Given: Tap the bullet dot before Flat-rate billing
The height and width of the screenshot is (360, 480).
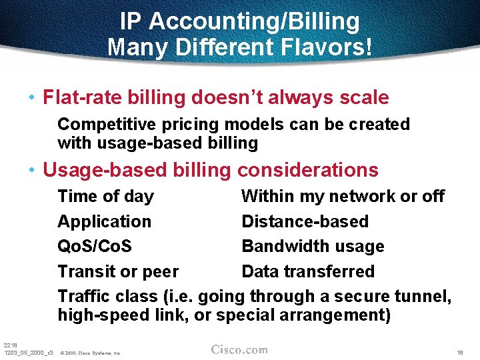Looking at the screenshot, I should [31, 98].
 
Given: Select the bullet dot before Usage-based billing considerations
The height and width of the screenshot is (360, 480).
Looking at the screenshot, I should [31, 171].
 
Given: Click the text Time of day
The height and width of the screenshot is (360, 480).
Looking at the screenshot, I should [105, 197].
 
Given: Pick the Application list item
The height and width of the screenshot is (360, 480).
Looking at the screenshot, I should [104, 221].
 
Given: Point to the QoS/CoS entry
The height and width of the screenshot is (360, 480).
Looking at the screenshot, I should [95, 246].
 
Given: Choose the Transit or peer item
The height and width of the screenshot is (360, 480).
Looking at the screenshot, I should [118, 271].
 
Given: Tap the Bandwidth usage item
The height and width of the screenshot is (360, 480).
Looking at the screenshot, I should [313, 246].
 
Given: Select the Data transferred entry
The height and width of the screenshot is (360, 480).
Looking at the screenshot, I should [308, 271].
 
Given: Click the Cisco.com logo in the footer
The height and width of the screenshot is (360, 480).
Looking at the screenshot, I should [239, 349].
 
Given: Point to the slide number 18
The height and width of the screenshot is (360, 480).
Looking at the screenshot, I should [460, 351].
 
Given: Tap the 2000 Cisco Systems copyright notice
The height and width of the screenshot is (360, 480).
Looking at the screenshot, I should [89, 353].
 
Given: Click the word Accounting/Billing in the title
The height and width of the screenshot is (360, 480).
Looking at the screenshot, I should [254, 21].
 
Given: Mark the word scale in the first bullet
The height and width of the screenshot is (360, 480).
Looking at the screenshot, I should [364, 98].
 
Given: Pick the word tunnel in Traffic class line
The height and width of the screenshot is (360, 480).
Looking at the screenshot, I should [423, 296].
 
